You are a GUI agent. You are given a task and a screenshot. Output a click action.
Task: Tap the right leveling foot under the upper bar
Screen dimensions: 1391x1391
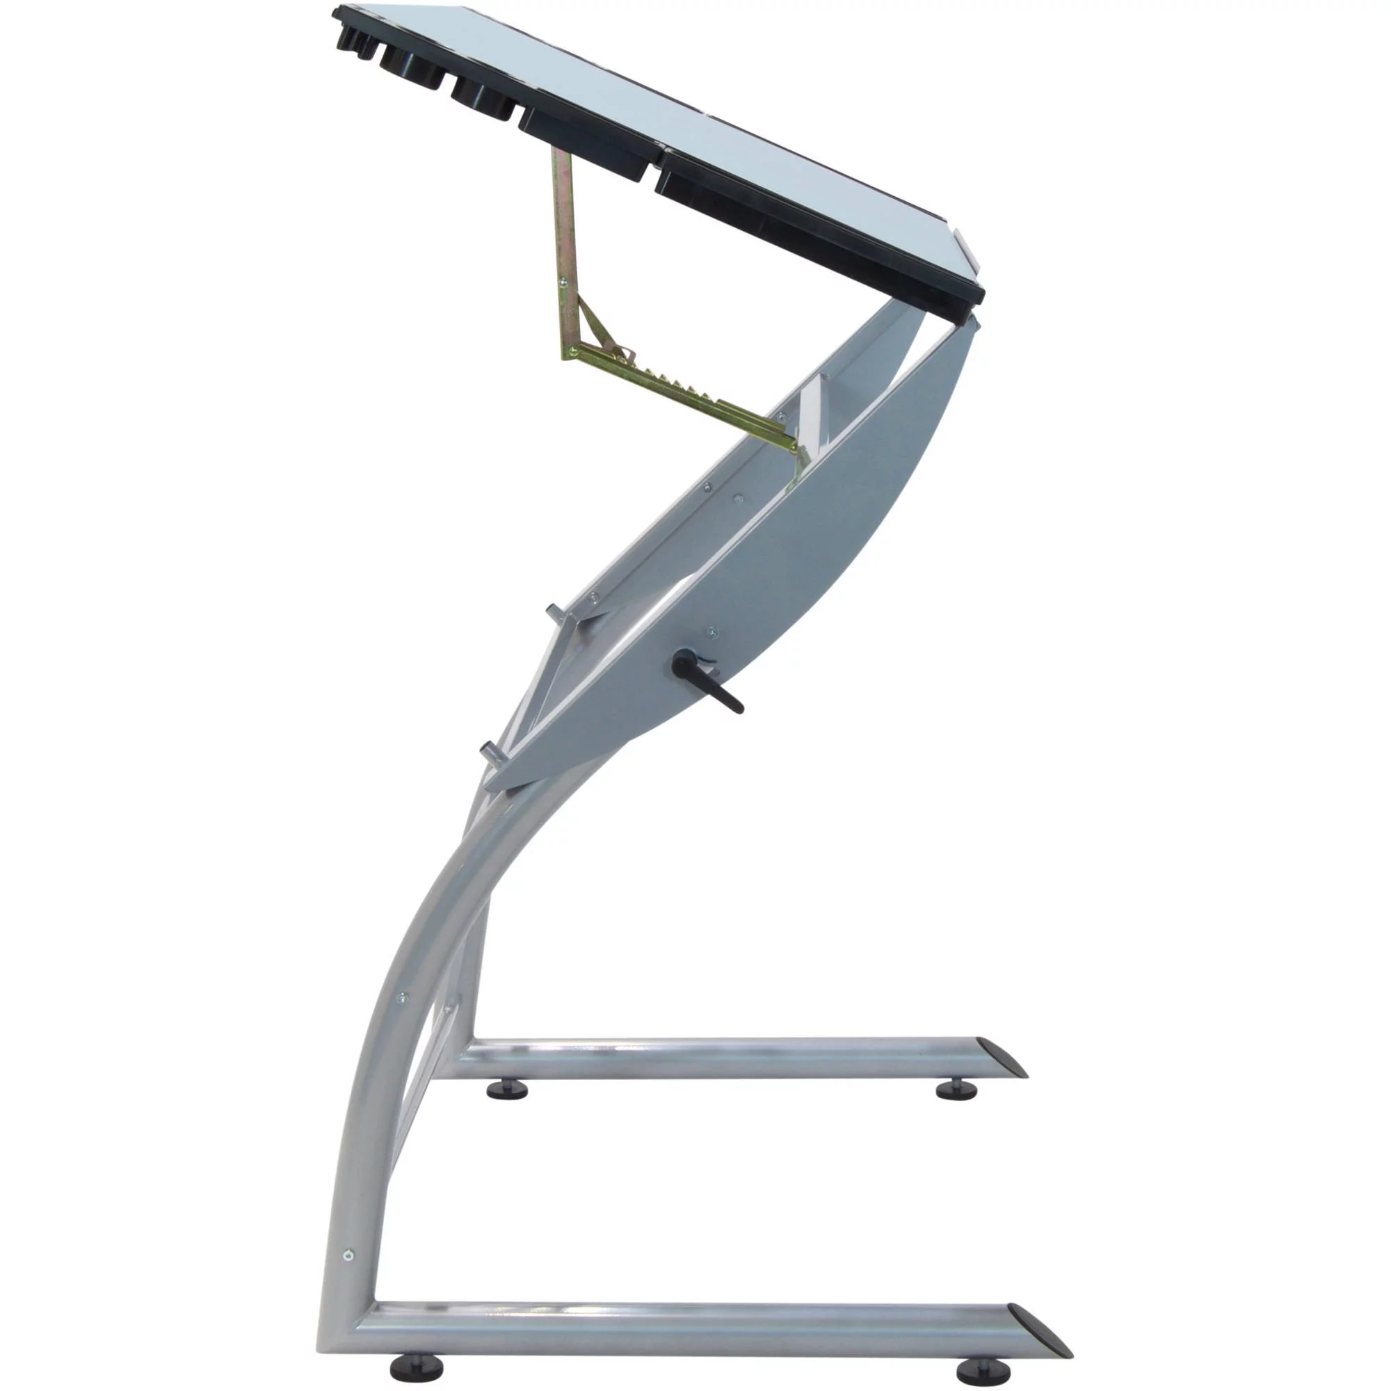957,1111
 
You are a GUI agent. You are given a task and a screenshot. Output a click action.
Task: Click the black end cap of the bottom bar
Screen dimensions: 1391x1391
1040,1326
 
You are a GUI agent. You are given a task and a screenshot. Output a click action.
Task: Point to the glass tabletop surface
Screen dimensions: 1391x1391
720,129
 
